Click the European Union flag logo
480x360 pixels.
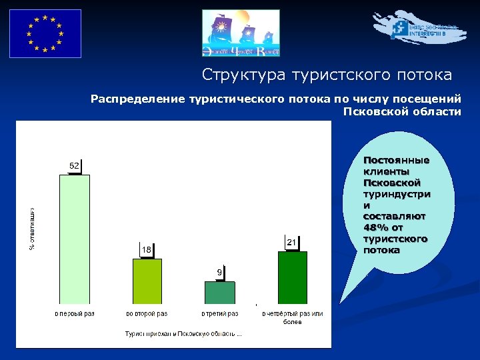[x=45, y=33]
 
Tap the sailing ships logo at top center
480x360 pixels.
[x=241, y=33]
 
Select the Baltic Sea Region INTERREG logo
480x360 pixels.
[x=420, y=28]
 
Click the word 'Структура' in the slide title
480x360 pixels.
[x=237, y=75]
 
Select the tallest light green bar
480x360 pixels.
[x=75, y=240]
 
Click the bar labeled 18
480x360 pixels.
[x=147, y=281]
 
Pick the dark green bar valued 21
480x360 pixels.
[x=293, y=278]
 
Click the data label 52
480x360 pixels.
[x=75, y=165]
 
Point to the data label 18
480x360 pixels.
[x=147, y=249]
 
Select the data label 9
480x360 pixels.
[x=219, y=272]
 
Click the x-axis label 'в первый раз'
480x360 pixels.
[x=75, y=313]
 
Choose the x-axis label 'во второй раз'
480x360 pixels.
[x=147, y=313]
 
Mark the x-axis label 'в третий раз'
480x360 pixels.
[x=220, y=313]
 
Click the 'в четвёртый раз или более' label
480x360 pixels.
[x=292, y=317]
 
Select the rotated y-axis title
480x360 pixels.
[x=32, y=227]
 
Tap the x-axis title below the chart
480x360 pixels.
[x=183, y=333]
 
